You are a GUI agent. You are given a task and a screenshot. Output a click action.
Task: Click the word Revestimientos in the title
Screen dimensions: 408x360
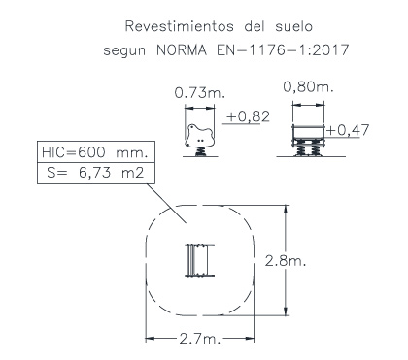(x=179, y=26)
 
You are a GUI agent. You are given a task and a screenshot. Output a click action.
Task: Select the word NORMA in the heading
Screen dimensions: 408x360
(x=182, y=50)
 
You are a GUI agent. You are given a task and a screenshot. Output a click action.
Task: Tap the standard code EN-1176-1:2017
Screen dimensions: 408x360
(x=283, y=50)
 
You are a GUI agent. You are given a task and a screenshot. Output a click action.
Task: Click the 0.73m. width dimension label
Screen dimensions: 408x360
(x=199, y=93)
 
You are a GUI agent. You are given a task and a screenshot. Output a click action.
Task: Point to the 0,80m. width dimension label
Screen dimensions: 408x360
(x=308, y=86)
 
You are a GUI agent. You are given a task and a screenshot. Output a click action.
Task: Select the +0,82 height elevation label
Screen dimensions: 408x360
(x=248, y=116)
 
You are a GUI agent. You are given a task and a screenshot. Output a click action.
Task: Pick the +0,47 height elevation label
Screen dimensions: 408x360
(x=348, y=130)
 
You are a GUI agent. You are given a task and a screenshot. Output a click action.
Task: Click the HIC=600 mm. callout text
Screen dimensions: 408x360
(x=95, y=152)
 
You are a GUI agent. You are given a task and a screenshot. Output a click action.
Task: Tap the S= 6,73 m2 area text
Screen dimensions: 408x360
(x=95, y=173)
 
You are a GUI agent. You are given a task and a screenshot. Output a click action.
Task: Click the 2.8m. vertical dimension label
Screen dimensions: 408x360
(x=286, y=260)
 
